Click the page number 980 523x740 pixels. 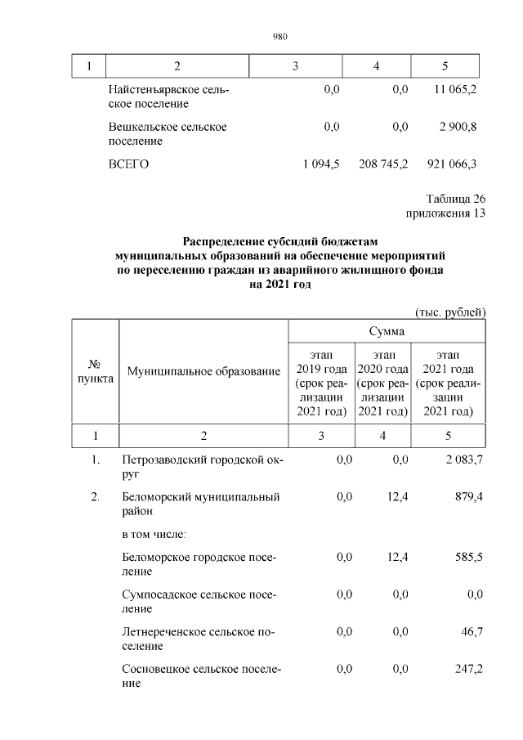[279, 35]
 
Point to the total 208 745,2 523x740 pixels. [383, 164]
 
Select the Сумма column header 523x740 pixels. [387, 331]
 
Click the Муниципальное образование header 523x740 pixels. [203, 373]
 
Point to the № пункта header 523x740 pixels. [96, 373]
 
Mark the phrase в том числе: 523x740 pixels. [154, 534]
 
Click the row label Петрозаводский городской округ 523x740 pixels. [200, 467]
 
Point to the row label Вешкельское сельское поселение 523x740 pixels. [168, 133]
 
